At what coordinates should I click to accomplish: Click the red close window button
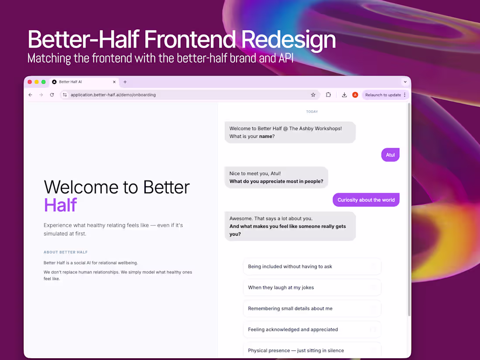coord(30,82)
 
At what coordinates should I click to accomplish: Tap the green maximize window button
coord(43,82)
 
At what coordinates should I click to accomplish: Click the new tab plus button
coord(125,82)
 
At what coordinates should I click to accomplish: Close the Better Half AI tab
coord(114,82)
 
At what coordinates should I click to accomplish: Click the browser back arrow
coord(31,95)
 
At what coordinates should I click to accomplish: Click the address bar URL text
coord(113,95)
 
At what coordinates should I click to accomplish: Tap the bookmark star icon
coord(313,95)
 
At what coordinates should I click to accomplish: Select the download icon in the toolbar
coord(344,95)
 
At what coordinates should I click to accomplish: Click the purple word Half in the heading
coord(60,205)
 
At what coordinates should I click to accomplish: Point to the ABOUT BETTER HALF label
coord(65,252)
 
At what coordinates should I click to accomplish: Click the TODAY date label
coord(312,112)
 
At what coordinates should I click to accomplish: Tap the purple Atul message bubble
coord(390,155)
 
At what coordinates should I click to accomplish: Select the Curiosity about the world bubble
coord(366,200)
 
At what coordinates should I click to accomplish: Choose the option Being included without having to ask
coord(312,267)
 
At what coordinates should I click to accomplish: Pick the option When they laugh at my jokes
coord(312,288)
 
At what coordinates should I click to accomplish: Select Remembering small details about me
coord(312,309)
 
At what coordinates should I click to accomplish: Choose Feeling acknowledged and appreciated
coord(312,329)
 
